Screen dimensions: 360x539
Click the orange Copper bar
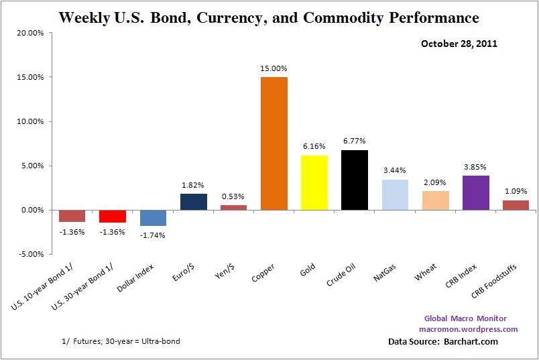pyautogui.click(x=274, y=143)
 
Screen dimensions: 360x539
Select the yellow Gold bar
pyautogui.click(x=314, y=182)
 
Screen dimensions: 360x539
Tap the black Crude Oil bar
pyautogui.click(x=354, y=180)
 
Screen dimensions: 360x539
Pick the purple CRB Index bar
pyautogui.click(x=475, y=193)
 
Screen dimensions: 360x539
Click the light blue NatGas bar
pyautogui.click(x=394, y=194)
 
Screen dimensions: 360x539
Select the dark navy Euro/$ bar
pyautogui.click(x=193, y=202)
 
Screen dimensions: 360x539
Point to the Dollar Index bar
pyautogui.click(x=153, y=217)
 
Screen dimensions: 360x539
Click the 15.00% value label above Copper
pyautogui.click(x=274, y=68)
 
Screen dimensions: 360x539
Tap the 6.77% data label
pyautogui.click(x=354, y=141)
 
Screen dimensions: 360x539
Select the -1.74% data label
pyautogui.click(x=153, y=235)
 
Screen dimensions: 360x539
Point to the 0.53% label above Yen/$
pyautogui.click(x=233, y=196)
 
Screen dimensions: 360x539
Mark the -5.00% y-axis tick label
pyautogui.click(x=31, y=255)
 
